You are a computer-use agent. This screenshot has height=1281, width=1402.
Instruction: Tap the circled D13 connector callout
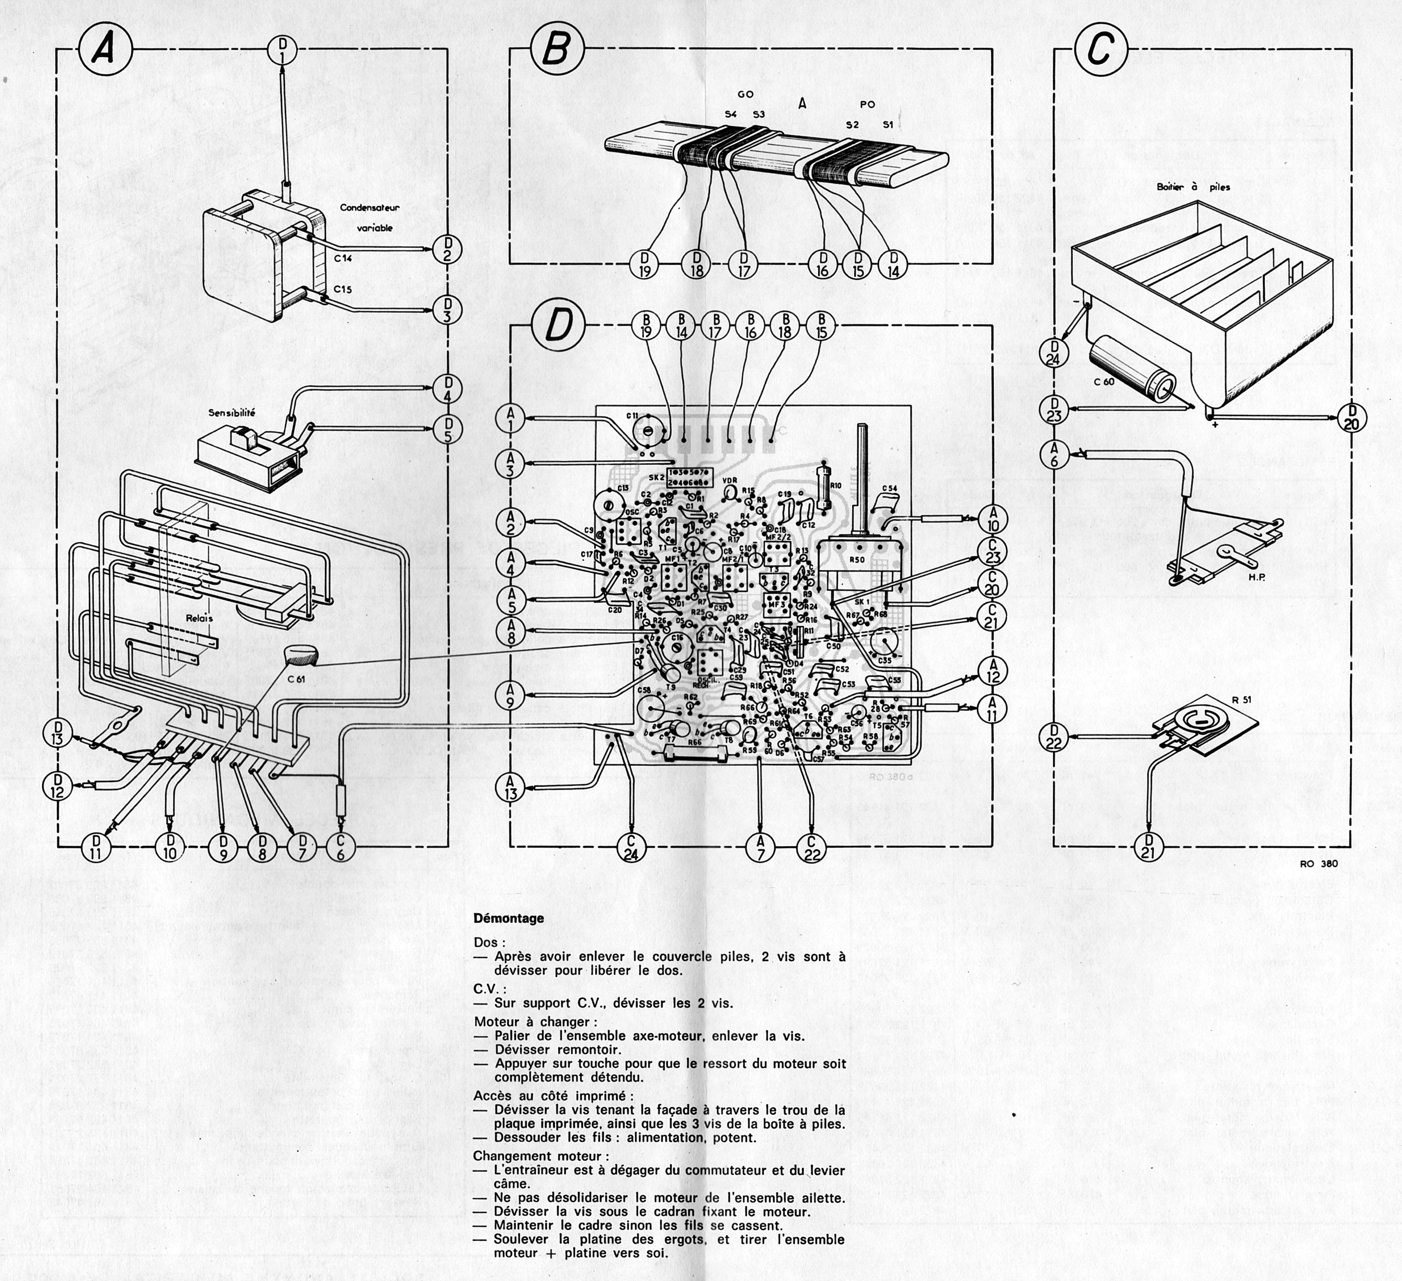point(57,732)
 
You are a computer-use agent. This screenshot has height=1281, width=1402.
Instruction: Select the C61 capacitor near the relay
point(300,655)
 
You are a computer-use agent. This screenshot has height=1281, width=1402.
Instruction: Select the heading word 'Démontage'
point(509,918)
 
